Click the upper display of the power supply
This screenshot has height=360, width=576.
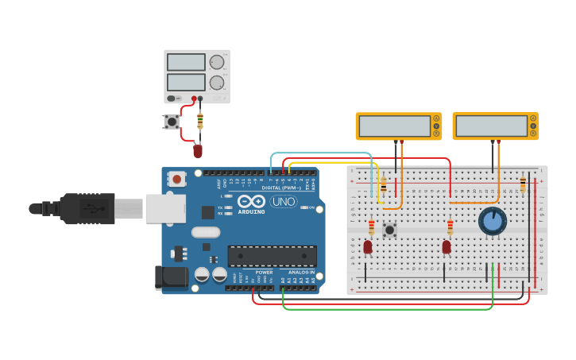tap(187, 62)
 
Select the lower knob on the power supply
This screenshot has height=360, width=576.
tap(216, 83)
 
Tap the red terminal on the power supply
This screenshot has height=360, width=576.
tap(193, 99)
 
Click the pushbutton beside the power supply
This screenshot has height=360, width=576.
tap(171, 122)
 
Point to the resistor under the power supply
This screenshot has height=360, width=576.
tap(199, 121)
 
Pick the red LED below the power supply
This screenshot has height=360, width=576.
tap(198, 150)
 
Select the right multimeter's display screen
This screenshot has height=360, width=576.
tap(490, 126)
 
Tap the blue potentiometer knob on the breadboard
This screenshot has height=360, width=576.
tap(493, 221)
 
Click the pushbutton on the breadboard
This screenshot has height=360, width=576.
tap(389, 230)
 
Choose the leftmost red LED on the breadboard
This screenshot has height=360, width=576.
tap(367, 247)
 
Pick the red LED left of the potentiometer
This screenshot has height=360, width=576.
tap(446, 247)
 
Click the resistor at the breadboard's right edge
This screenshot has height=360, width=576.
tap(522, 184)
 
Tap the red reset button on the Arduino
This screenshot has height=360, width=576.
tap(176, 180)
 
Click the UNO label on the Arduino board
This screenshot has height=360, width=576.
tap(284, 201)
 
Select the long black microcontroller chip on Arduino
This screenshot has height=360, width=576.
tap(272, 256)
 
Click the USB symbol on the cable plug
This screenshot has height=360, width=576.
tap(94, 209)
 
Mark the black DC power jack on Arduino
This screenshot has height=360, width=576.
tap(170, 277)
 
